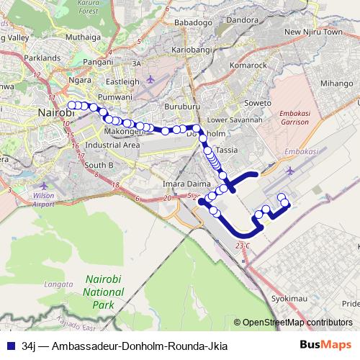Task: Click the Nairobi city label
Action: point(55,112)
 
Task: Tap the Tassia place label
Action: point(227,150)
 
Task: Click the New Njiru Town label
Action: point(312,32)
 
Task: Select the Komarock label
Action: point(249,66)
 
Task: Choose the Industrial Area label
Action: point(112,145)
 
